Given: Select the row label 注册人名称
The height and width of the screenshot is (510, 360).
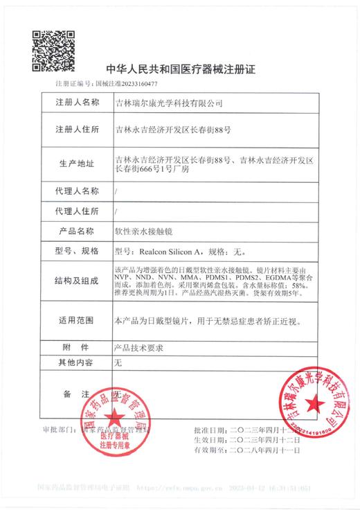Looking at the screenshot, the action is tap(77, 103).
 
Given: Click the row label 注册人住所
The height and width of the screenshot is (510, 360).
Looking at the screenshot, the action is tap(77, 130).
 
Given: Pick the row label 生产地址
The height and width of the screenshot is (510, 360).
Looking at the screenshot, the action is tap(77, 164).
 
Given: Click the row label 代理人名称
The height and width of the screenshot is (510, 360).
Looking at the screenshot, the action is tap(77, 190).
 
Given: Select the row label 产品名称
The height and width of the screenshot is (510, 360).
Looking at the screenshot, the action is tap(77, 231).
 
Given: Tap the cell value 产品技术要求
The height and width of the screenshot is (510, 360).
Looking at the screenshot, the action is tap(141, 346).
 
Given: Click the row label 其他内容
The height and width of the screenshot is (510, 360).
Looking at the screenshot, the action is tap(77, 362).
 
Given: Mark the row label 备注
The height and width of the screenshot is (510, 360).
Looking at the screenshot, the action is tap(77, 394).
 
